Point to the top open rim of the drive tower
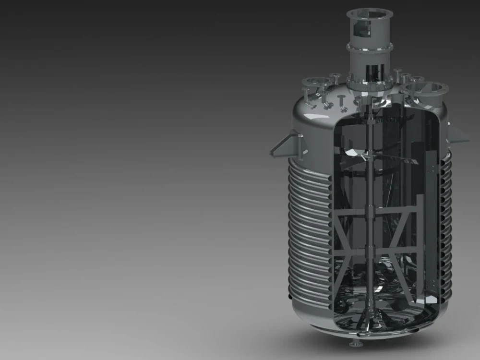(370, 12)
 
